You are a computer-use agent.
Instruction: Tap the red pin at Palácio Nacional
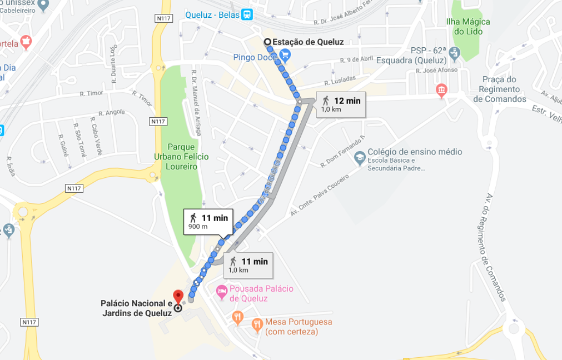178,296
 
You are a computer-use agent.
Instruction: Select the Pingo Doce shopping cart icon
285,54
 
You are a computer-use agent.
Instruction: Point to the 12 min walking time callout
341,104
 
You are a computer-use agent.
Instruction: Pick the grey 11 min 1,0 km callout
248,264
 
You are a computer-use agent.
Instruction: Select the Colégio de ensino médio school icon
360,157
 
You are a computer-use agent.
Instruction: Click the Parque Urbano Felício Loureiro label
181,157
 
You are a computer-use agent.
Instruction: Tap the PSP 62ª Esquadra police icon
455,54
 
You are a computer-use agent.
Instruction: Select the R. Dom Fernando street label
343,151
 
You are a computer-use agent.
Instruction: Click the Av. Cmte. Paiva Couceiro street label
319,194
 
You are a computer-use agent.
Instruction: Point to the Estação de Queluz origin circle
267,42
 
